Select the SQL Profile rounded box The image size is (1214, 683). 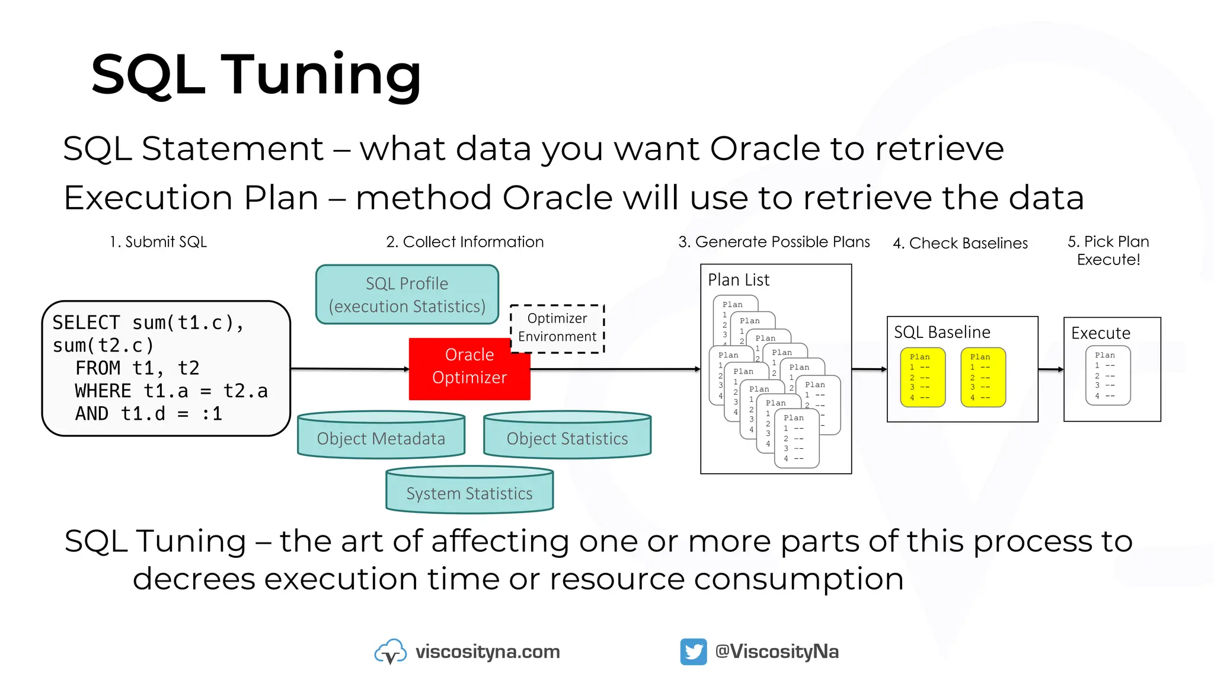coord(407,295)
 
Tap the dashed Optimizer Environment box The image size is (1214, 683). coord(557,328)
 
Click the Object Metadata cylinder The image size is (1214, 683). coord(381,438)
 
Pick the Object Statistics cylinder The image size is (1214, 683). coord(567,438)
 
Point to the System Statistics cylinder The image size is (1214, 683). coord(469,492)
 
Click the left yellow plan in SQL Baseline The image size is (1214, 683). coord(922,377)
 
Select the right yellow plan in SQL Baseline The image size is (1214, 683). coord(983,377)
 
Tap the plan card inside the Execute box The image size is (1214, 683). coord(1107,375)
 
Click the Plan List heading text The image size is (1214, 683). coord(739,280)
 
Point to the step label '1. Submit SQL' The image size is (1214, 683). coord(158,242)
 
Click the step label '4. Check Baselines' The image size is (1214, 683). coord(960,243)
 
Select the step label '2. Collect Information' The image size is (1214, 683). coord(464,242)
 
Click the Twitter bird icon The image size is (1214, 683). coord(693,652)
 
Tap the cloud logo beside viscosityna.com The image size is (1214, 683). coord(390,652)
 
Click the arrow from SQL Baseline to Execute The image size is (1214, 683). coord(1050,369)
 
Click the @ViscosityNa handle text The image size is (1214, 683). coord(777,652)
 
